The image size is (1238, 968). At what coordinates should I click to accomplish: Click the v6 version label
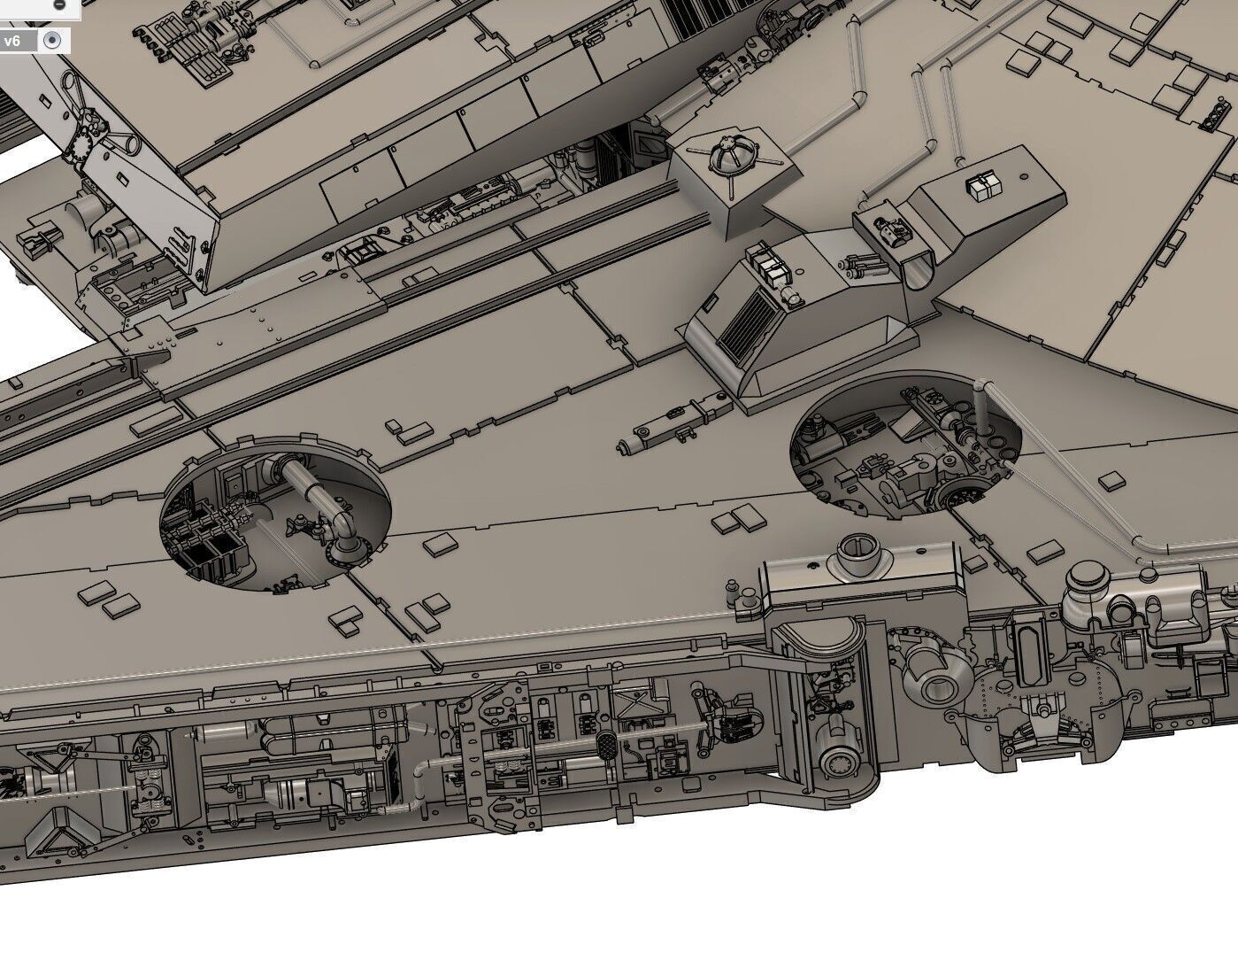click(12, 41)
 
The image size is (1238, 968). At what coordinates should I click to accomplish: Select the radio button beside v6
click(52, 40)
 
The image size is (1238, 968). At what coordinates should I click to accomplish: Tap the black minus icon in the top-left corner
click(59, 4)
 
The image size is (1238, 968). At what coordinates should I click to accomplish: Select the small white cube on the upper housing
click(983, 186)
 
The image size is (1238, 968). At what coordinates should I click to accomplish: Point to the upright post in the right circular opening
click(980, 403)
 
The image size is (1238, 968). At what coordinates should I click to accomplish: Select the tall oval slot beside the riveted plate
click(1032, 652)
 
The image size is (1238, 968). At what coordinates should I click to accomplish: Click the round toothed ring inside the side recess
click(837, 762)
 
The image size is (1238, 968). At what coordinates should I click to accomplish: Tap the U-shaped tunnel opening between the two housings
click(920, 266)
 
